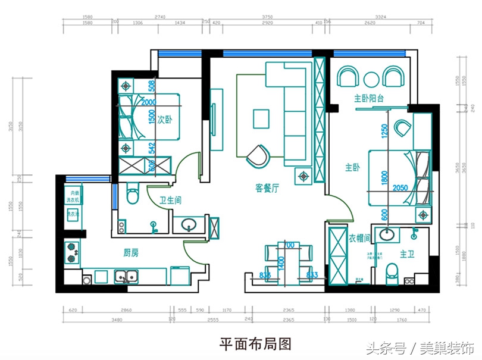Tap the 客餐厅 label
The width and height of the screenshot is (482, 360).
(268, 189)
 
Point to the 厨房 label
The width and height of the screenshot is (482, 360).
(130, 253)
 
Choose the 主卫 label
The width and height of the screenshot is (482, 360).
(407, 254)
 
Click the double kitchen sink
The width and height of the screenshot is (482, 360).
(126, 276)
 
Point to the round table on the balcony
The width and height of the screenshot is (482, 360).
(371, 78)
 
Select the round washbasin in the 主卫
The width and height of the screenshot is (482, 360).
(387, 234)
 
